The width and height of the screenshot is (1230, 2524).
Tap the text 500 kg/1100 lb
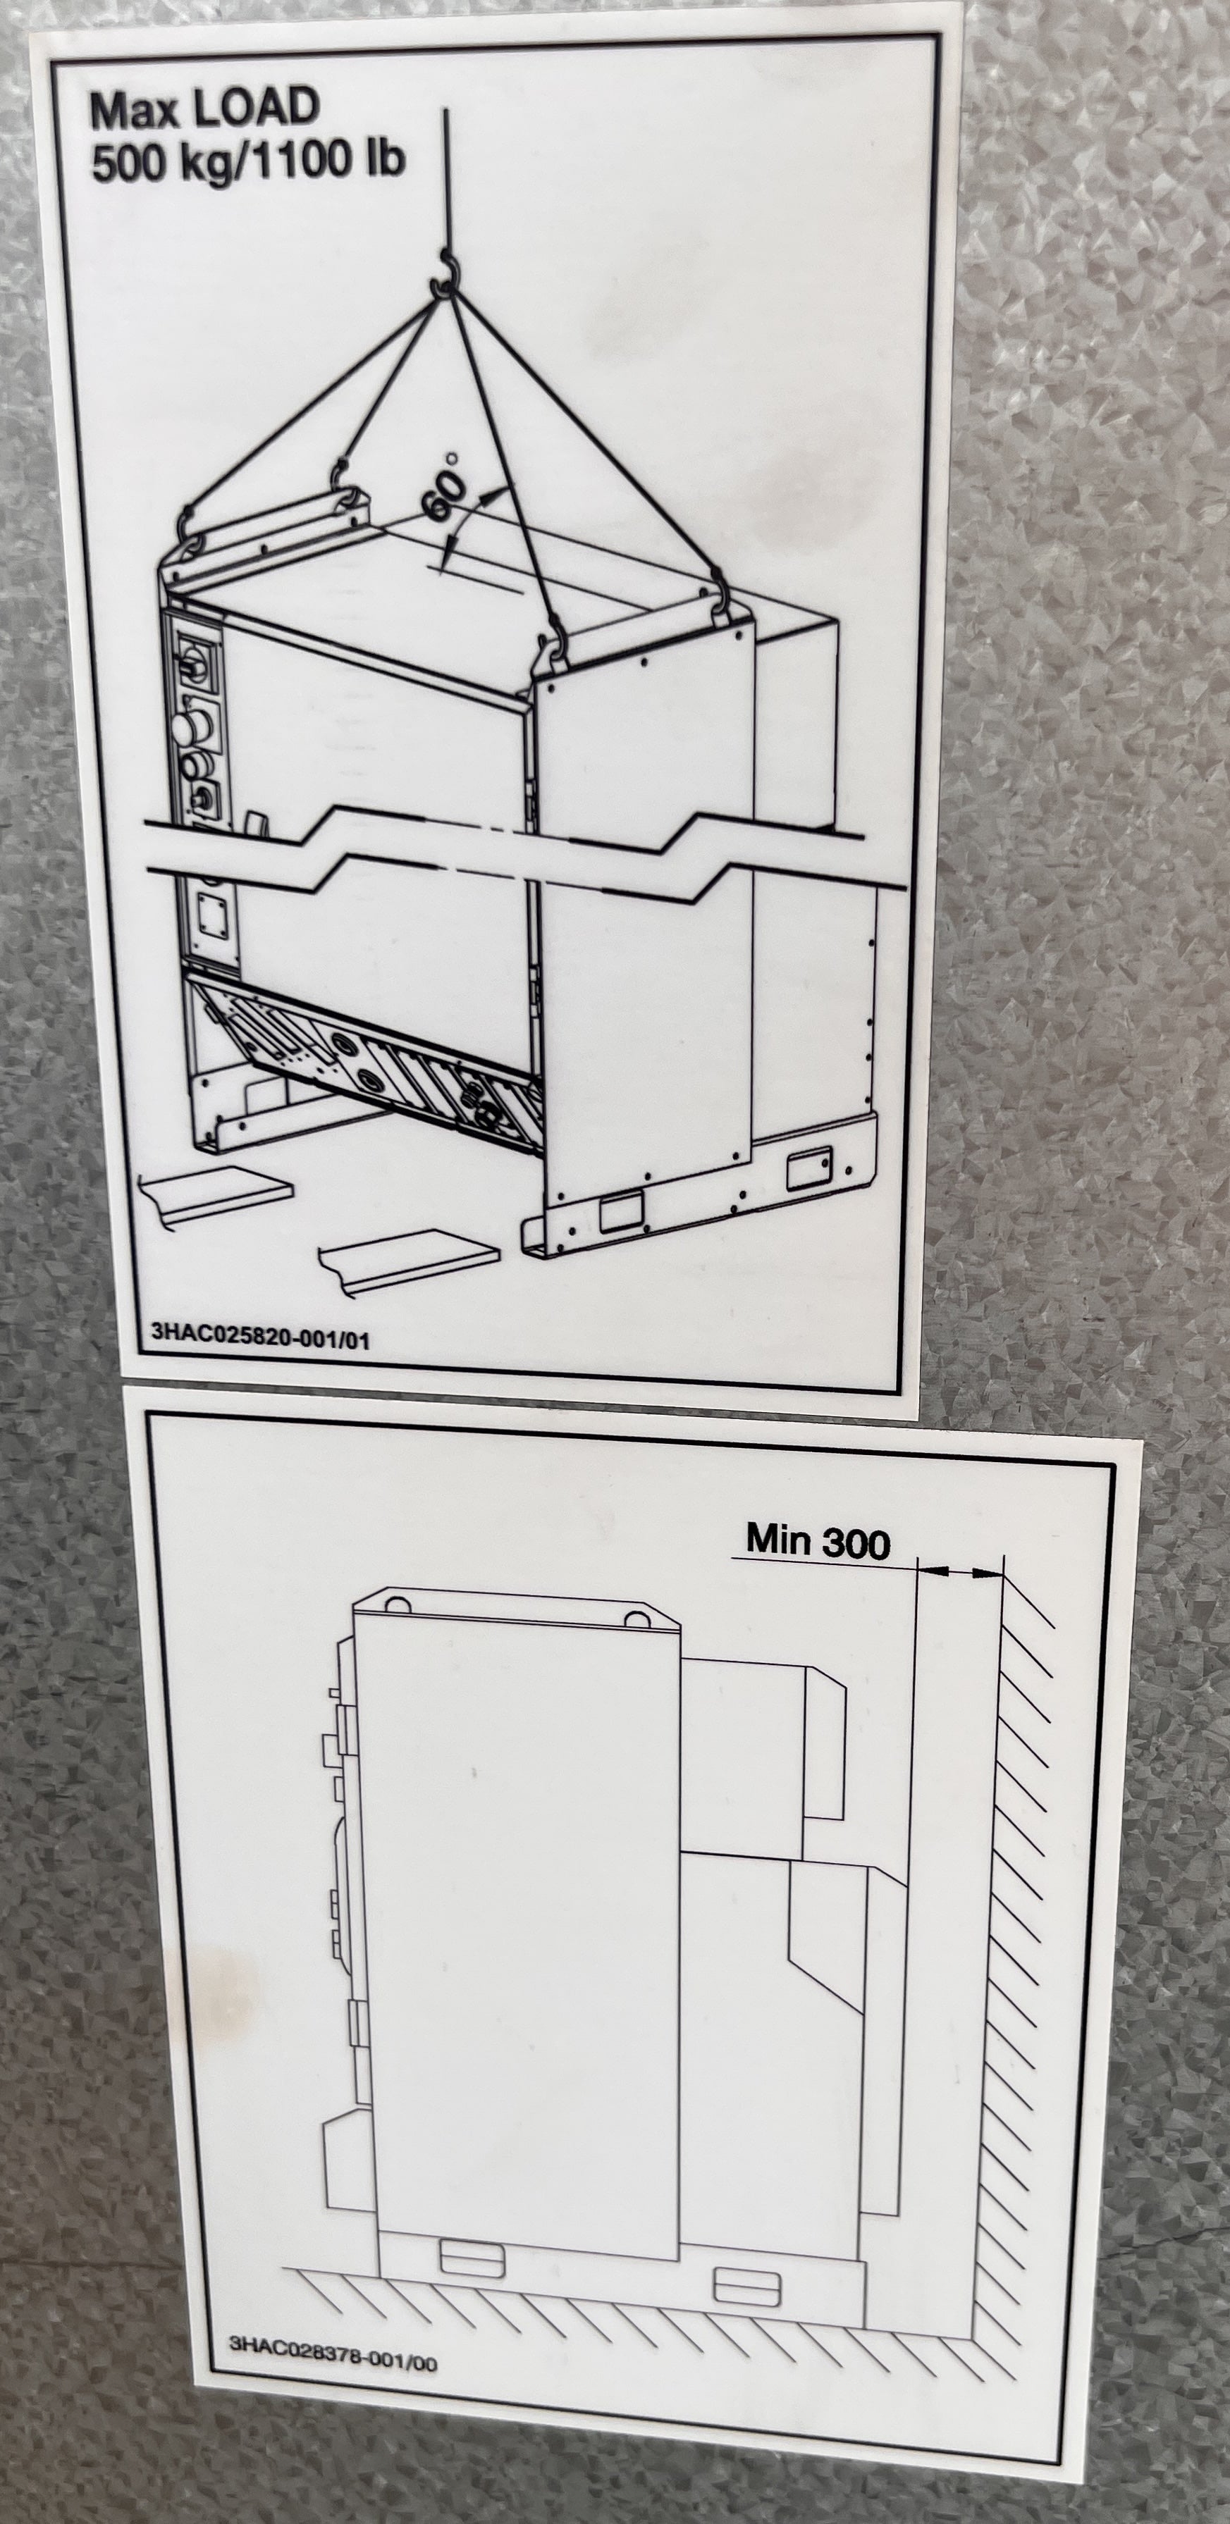coord(249,161)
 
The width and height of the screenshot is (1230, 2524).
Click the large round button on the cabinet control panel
coord(188,728)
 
